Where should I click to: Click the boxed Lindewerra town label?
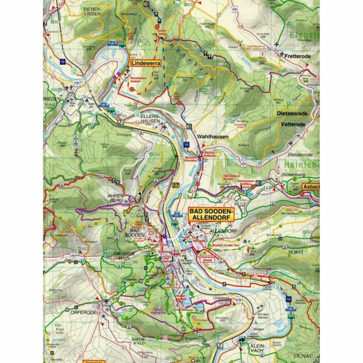click(x=146, y=63)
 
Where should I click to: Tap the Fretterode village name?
click(x=297, y=56)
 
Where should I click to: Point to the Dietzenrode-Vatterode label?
click(x=293, y=119)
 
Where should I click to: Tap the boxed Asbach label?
click(x=311, y=186)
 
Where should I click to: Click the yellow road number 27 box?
click(x=176, y=185)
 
